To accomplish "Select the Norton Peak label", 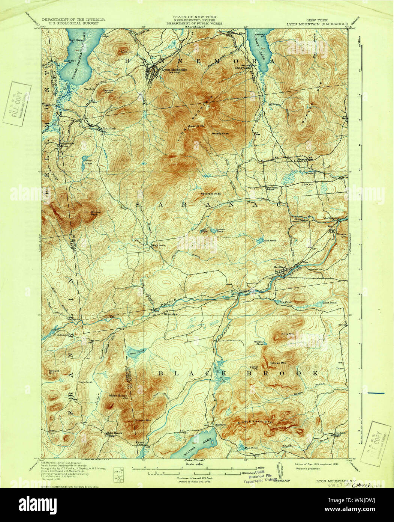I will (96, 213).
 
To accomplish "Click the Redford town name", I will (280, 267).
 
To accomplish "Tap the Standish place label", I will (109, 128).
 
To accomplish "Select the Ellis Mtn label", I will (286, 334).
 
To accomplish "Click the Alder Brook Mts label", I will (118, 396).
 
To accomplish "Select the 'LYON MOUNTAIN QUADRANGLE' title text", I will (317, 23).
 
